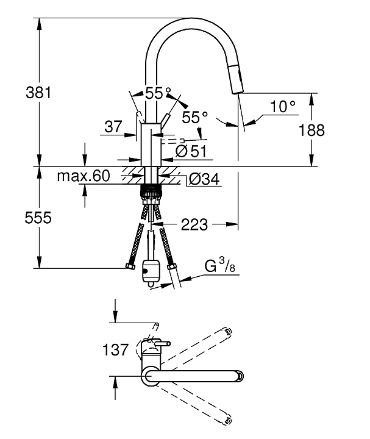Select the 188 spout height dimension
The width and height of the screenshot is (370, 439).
coord(311,129)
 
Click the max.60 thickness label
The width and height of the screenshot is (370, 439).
coord(83,177)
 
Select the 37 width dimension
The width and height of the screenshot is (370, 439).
coord(113,127)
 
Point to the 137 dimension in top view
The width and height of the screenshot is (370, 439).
coord(116,349)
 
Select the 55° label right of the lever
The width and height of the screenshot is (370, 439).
coord(195,116)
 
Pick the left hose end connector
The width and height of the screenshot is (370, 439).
coord(129,266)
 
